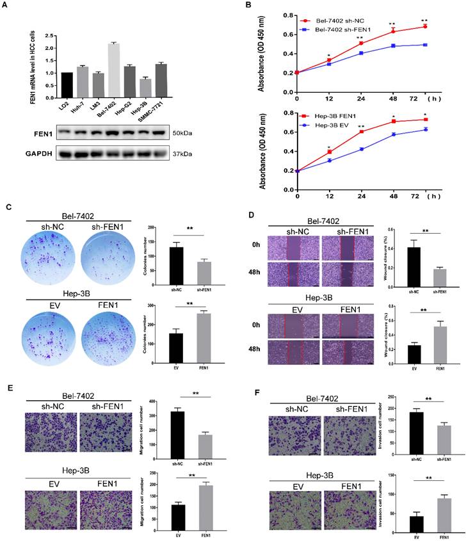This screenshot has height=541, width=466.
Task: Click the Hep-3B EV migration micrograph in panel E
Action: (x=50, y=508)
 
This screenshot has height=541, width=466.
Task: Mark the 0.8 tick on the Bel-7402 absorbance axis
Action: (x=289, y=15)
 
